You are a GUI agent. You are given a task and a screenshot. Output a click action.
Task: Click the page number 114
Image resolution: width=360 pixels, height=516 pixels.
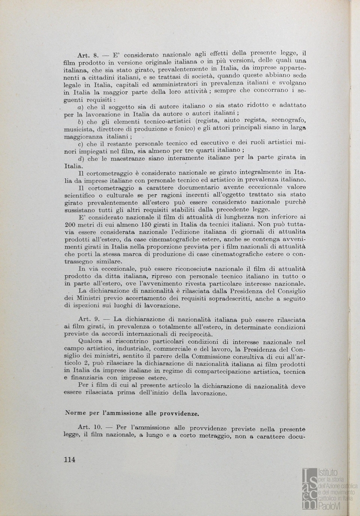[x=69, y=460]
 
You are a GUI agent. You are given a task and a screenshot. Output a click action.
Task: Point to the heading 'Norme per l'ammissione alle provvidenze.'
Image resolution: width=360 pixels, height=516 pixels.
[x=126, y=411]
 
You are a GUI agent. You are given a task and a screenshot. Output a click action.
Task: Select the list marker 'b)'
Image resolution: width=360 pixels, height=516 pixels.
[x=80, y=121]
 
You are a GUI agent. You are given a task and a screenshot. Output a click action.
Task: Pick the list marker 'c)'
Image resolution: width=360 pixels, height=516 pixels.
[x=80, y=143]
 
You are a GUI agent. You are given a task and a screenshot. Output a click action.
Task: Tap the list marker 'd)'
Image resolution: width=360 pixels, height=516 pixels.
[x=80, y=158]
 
